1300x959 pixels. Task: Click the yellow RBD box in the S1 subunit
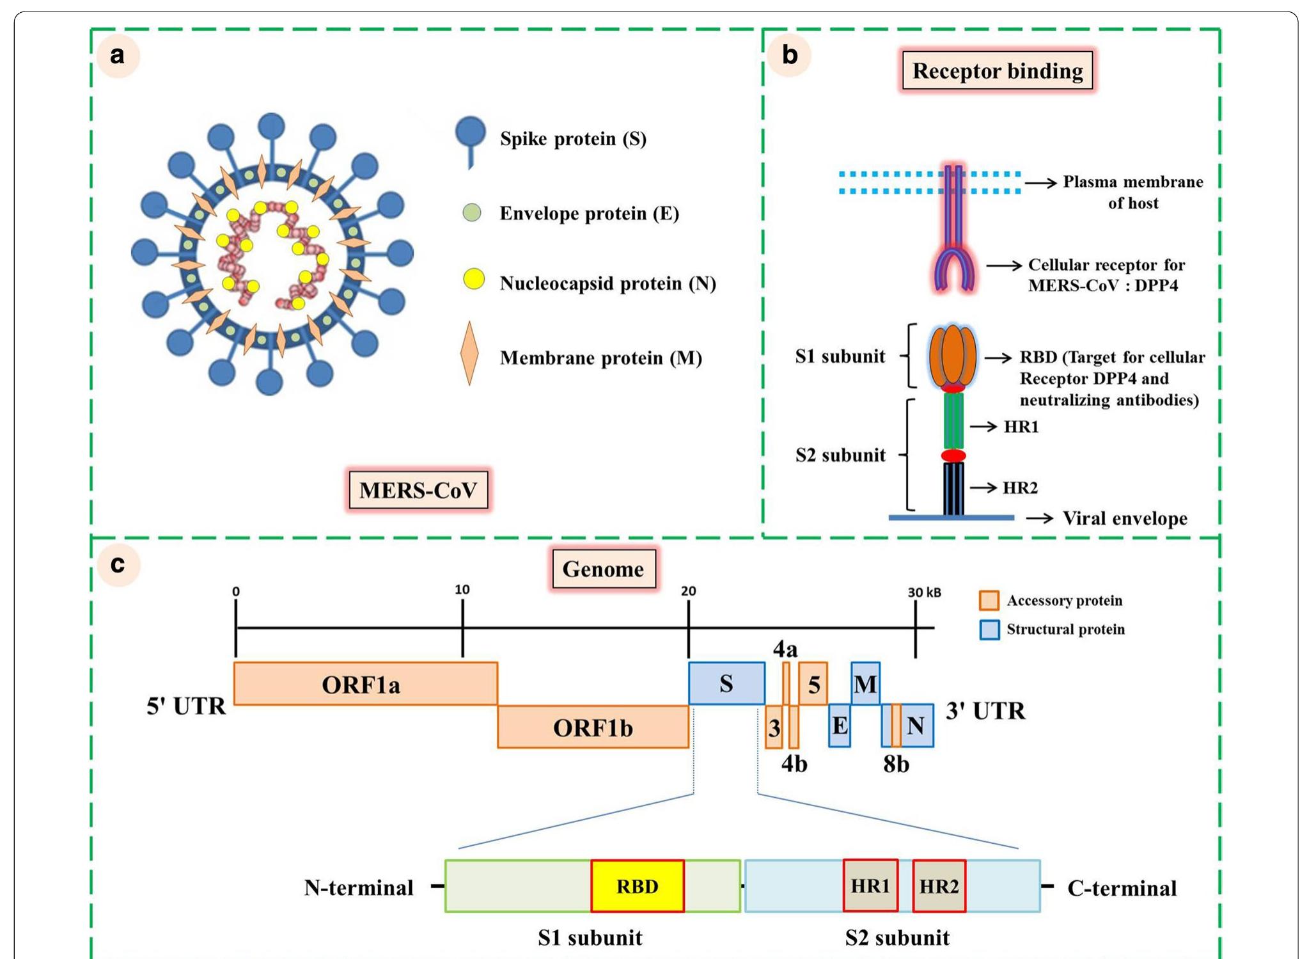[637, 886]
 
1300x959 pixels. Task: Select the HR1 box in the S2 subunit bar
[870, 885]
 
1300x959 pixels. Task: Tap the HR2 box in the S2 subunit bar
[938, 886]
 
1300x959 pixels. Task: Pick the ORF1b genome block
[593, 727]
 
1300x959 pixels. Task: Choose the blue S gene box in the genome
[726, 684]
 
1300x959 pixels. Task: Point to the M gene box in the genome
[865, 684]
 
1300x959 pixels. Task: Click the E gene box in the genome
[839, 725]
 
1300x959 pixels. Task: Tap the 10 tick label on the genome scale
[462, 590]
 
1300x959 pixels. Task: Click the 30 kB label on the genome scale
[924, 592]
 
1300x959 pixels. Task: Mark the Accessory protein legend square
[989, 600]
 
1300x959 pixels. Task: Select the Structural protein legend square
[989, 630]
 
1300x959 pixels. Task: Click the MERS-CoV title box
[418, 490]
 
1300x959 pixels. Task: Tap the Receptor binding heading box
[997, 70]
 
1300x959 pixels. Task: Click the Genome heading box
[603, 569]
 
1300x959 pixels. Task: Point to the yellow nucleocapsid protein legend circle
[473, 280]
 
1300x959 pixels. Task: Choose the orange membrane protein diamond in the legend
[469, 354]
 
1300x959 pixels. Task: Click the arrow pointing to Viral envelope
[1039, 518]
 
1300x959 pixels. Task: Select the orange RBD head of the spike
[952, 356]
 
